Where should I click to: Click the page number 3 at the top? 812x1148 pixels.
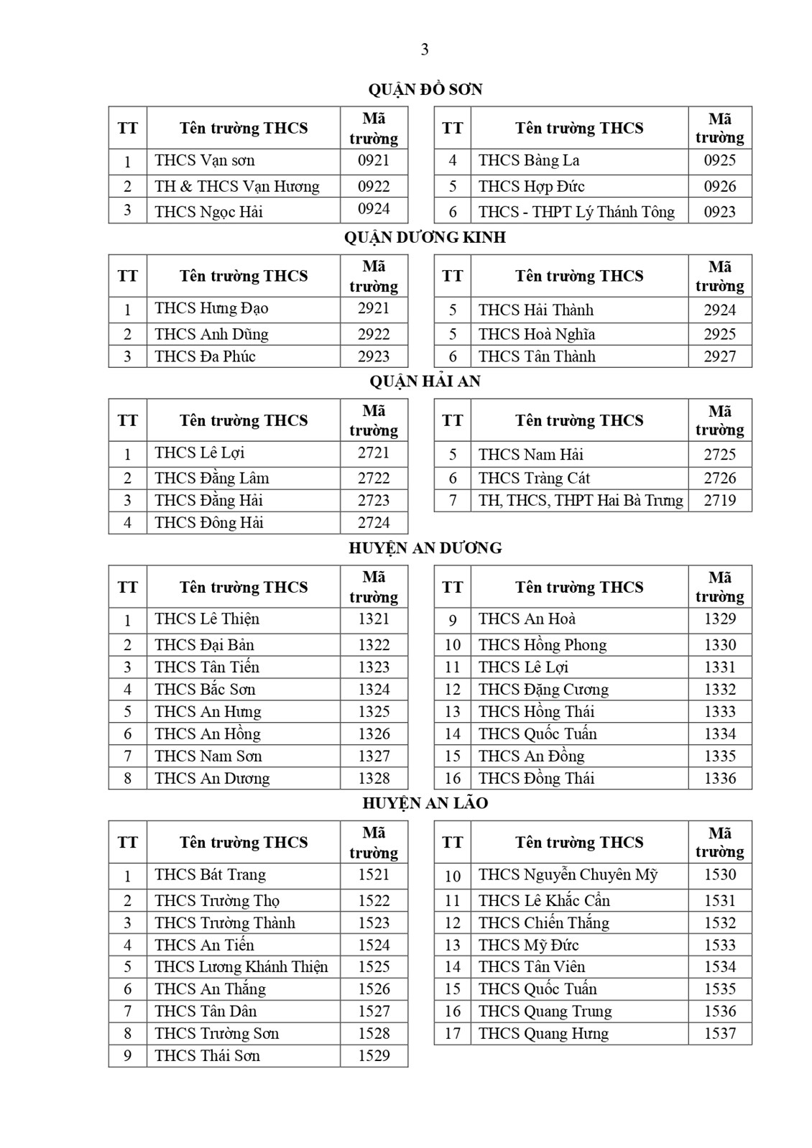click(425, 50)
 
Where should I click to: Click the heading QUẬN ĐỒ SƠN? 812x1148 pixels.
click(425, 90)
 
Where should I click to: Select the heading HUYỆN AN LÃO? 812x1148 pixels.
click(425, 803)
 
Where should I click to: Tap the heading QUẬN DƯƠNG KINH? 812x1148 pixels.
click(425, 238)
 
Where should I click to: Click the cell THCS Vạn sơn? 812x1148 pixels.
click(205, 160)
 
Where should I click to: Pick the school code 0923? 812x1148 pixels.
click(719, 212)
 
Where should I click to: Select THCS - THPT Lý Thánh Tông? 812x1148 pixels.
click(576, 212)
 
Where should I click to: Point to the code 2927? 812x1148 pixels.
click(719, 356)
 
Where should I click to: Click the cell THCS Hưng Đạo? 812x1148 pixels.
click(211, 309)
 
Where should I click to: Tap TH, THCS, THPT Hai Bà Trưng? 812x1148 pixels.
click(581, 501)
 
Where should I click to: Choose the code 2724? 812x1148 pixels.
click(374, 523)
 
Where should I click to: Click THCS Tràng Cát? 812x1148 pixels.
click(534, 478)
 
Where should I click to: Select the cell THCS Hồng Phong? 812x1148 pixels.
click(543, 645)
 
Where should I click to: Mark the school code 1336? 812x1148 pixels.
click(719, 779)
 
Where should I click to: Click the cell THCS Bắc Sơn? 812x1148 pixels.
click(205, 690)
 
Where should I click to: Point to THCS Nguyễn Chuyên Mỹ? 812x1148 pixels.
click(568, 875)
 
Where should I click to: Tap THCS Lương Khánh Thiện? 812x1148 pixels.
click(241, 967)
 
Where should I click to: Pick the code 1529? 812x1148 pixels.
click(374, 1056)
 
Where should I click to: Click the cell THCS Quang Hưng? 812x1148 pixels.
click(543, 1034)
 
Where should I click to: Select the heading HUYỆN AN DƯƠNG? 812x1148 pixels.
click(425, 548)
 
